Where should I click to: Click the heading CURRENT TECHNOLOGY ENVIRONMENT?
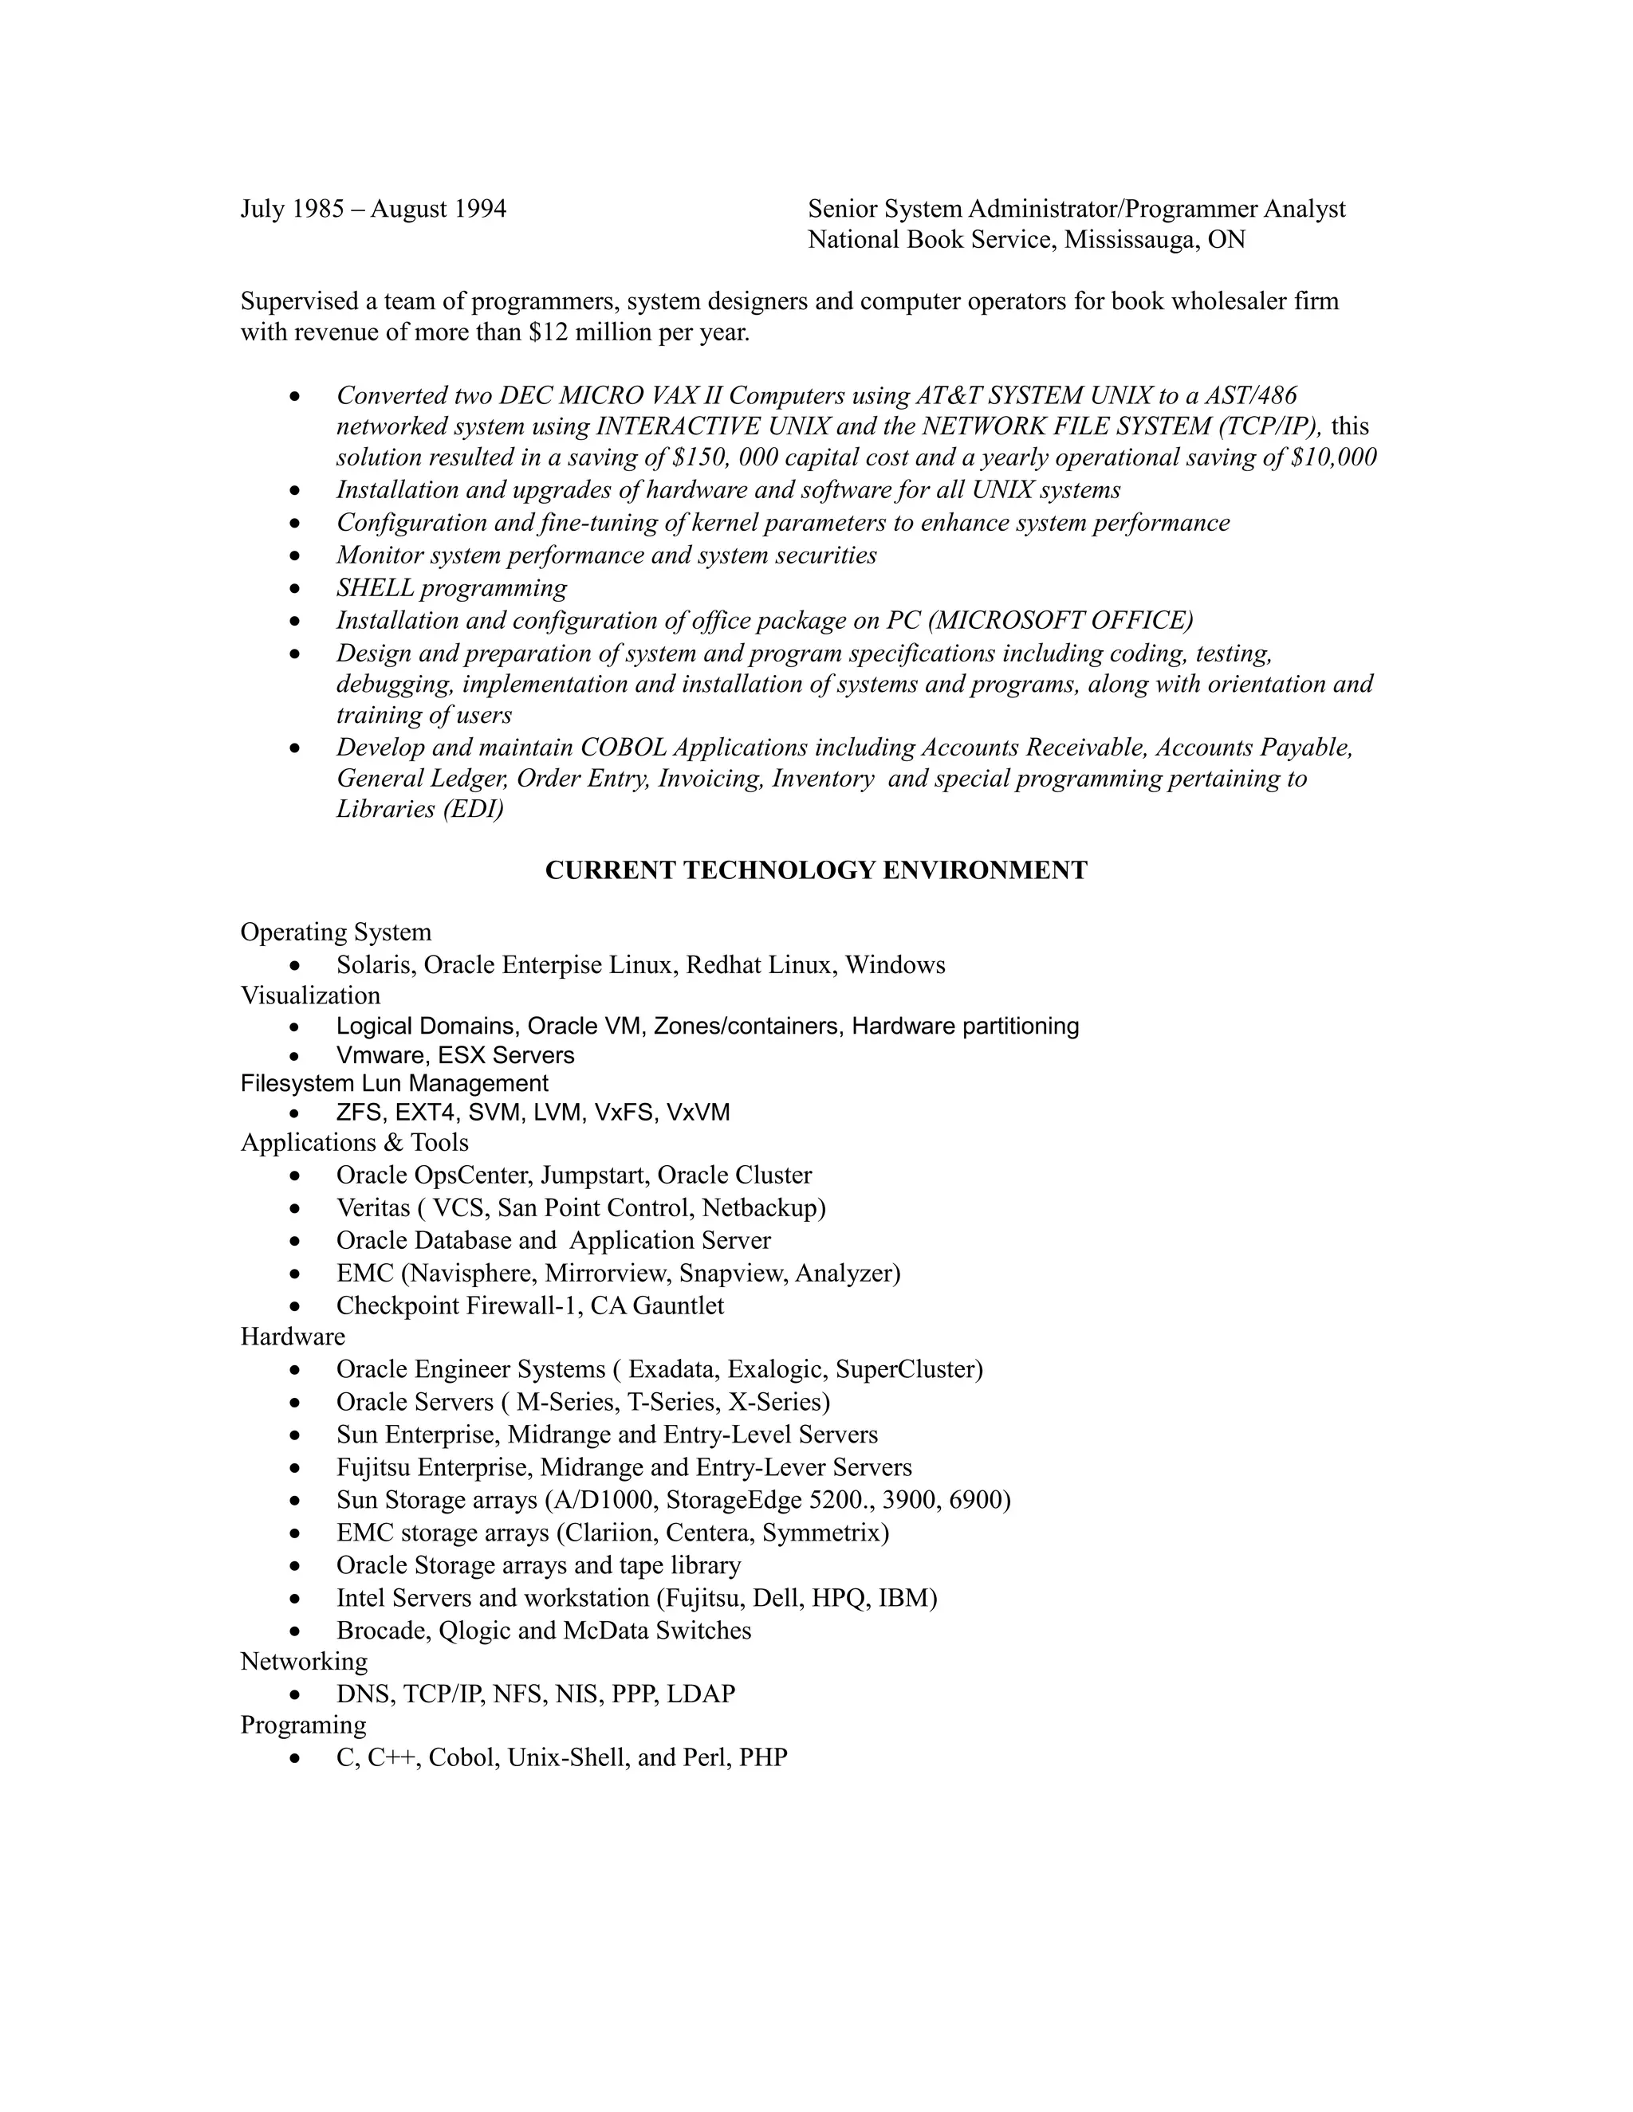point(816,870)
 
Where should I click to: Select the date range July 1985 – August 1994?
point(373,209)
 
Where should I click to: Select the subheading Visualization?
point(310,995)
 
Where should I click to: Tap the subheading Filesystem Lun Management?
point(394,1083)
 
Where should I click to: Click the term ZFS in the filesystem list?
point(359,1113)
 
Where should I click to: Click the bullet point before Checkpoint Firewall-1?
point(296,1306)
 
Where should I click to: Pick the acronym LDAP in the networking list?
point(700,1694)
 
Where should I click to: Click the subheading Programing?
point(304,1725)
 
